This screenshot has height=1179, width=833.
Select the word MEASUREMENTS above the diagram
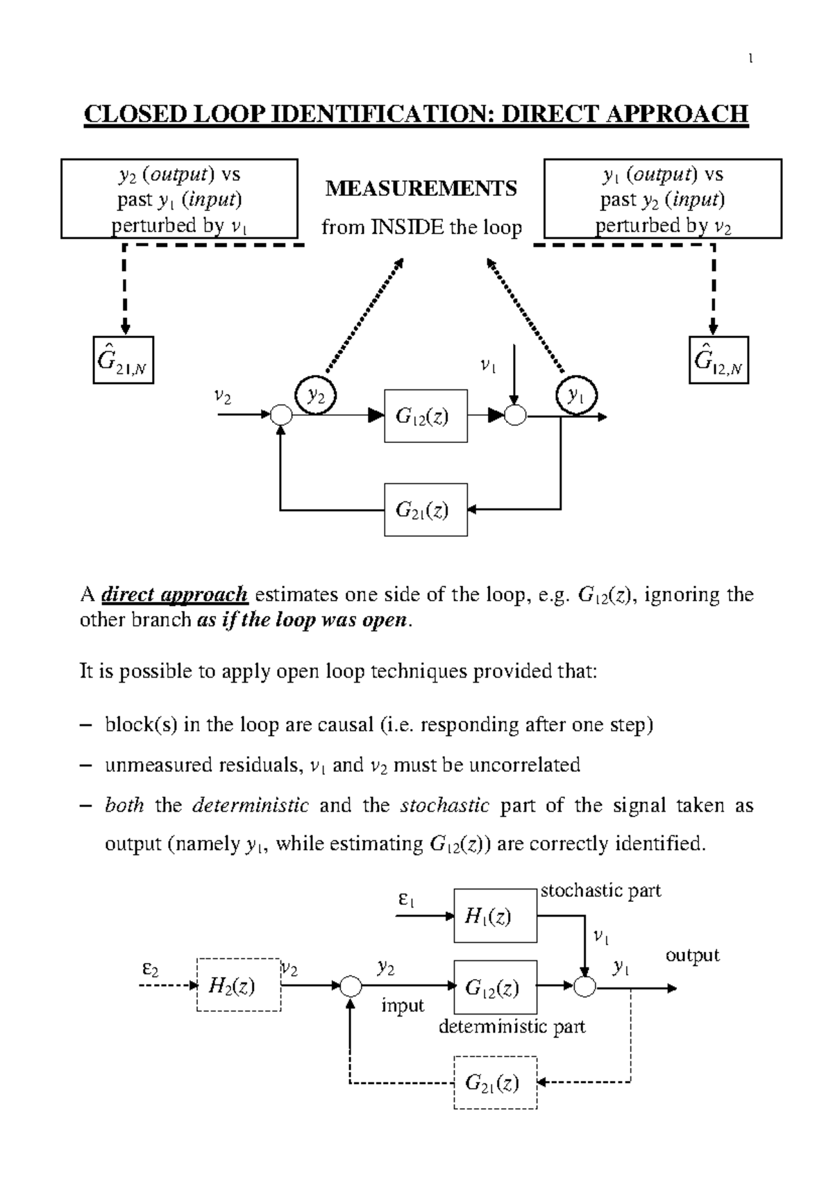pos(421,188)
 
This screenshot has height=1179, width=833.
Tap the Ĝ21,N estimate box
pos(124,360)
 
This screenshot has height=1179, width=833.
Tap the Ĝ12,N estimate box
pos(718,360)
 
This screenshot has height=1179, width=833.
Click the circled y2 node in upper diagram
pos(316,396)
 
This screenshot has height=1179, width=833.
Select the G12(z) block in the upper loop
pos(426,416)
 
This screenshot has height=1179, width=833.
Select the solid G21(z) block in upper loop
pos(426,510)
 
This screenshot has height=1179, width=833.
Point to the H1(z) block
pos(495,916)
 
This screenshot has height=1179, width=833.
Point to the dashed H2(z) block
pos(239,985)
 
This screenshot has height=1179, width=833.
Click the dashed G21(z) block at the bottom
pos(495,1082)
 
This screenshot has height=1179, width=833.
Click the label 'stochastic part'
pos(600,891)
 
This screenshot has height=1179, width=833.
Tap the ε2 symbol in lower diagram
pos(150,968)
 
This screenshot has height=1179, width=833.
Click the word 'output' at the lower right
pos(692,955)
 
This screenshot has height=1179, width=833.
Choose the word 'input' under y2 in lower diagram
pos(403,1005)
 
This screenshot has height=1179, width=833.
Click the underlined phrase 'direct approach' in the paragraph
pos(174,595)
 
